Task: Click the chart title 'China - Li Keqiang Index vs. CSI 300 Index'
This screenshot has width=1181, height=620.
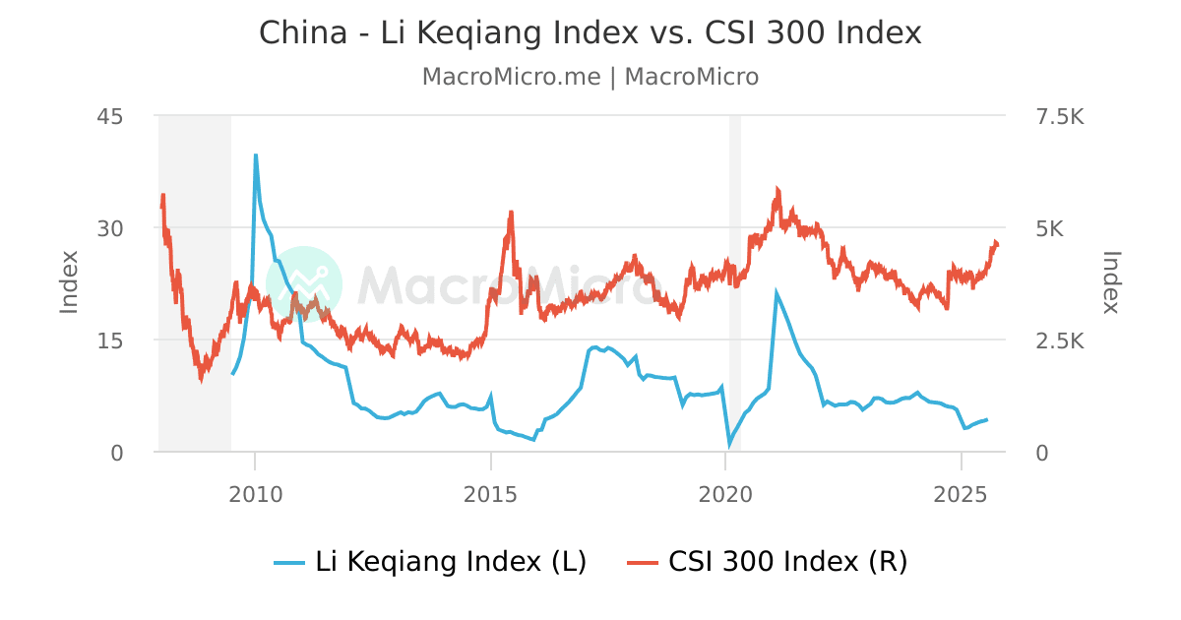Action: [x=590, y=32]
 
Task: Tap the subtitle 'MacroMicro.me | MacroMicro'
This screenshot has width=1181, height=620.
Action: [x=590, y=77]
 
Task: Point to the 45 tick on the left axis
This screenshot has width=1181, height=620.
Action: [x=110, y=116]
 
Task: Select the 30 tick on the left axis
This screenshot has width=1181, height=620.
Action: [x=110, y=228]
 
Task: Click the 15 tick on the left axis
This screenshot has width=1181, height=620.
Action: [x=110, y=341]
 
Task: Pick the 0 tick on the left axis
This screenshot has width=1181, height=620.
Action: [x=116, y=453]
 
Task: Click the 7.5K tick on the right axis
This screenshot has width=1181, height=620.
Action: [x=1054, y=116]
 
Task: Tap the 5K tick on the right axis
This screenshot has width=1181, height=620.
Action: [x=1044, y=228]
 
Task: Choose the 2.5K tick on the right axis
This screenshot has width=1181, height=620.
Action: [x=1054, y=341]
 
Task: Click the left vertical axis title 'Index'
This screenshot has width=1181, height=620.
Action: [x=69, y=283]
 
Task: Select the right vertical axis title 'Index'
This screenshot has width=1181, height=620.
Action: [x=1111, y=283]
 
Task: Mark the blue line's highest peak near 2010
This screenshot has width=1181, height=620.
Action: [x=256, y=155]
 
